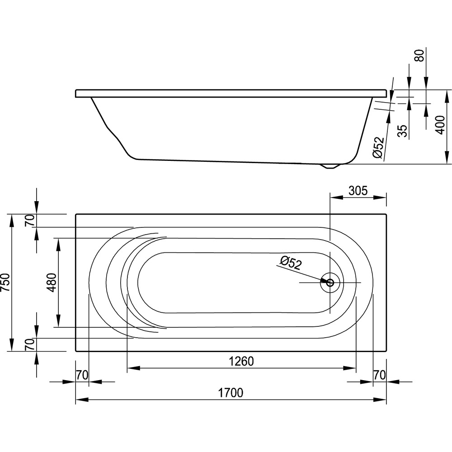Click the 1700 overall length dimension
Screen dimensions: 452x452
(x=231, y=393)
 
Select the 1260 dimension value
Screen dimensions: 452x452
(x=241, y=361)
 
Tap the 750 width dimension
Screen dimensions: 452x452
(x=6, y=282)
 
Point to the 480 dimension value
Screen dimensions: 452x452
(x=52, y=282)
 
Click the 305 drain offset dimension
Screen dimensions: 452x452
(x=358, y=191)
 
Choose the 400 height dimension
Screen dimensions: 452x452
(x=440, y=125)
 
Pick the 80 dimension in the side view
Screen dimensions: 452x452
(x=420, y=55)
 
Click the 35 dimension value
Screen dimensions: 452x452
(x=403, y=131)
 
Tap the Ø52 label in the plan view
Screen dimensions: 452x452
(x=291, y=263)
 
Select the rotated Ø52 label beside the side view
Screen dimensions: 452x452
(x=379, y=147)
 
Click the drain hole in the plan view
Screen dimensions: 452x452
(x=330, y=282)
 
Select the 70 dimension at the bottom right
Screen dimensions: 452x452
(x=379, y=375)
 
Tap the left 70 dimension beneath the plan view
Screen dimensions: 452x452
(x=82, y=375)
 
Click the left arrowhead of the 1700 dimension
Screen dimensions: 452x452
(x=81, y=400)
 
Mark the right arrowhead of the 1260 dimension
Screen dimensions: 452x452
(x=350, y=368)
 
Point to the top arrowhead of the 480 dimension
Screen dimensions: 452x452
(x=58, y=244)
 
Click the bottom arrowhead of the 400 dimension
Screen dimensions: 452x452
(x=447, y=158)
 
